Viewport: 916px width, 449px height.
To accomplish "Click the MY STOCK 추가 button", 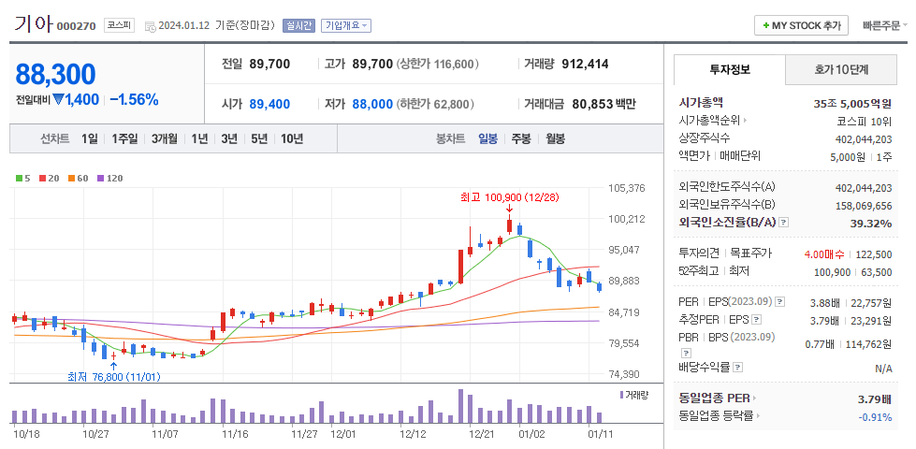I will click(802, 25).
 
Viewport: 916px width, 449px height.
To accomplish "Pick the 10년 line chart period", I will click(291, 138).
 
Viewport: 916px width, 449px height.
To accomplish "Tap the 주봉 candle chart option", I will click(520, 138).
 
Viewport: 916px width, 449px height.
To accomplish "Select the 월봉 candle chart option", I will click(555, 138).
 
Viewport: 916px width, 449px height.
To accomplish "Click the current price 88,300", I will click(56, 74).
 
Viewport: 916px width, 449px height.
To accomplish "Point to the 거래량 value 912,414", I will click(585, 65).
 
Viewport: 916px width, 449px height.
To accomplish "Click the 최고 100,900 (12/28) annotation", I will click(509, 197).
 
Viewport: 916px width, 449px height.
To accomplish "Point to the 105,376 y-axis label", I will click(626, 188).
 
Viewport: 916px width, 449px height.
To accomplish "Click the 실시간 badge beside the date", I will click(298, 25).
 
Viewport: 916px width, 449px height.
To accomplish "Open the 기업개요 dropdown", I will click(345, 25).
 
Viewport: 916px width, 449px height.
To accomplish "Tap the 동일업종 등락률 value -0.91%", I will click(875, 416).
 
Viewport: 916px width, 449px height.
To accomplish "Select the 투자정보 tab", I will click(730, 69).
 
